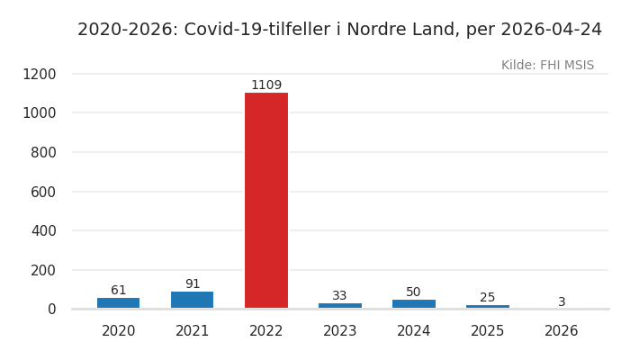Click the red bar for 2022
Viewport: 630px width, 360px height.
[266, 200]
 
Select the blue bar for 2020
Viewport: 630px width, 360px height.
[119, 303]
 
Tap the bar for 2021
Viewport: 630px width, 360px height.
[193, 300]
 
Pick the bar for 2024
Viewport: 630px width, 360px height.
[414, 304]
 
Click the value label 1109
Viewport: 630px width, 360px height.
[266, 85]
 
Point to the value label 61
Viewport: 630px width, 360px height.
[119, 291]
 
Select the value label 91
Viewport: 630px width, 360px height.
[193, 284]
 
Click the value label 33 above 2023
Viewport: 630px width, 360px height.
[340, 296]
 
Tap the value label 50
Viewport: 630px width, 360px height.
[414, 292]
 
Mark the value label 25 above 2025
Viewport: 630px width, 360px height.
[488, 298]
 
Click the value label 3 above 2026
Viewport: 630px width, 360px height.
[562, 302]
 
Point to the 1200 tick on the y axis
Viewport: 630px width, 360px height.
[39, 74]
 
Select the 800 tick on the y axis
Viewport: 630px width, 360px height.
[42, 152]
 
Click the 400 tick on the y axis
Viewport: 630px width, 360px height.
[42, 230]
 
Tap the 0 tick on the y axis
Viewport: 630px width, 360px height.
[51, 309]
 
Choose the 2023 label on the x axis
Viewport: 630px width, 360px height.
[340, 331]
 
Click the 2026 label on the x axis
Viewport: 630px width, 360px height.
[562, 331]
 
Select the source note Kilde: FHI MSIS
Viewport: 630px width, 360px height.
[547, 66]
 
